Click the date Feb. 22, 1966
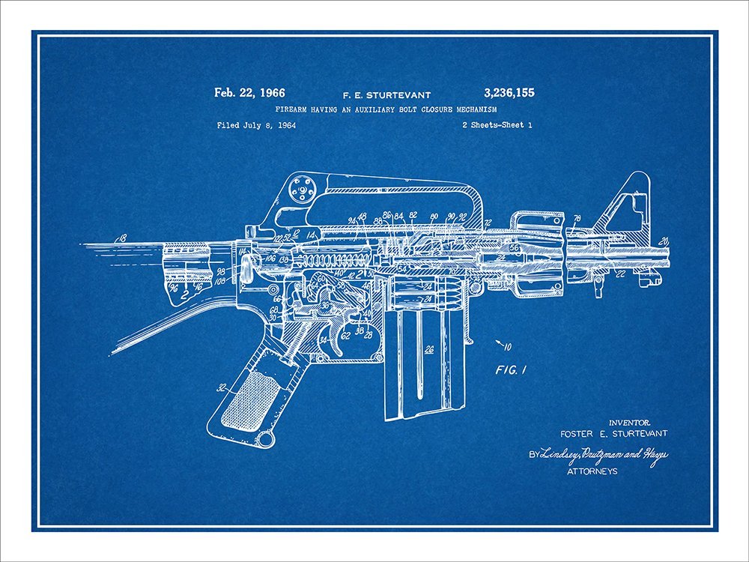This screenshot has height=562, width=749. coord(249,94)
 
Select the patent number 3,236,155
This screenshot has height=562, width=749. coord(509,94)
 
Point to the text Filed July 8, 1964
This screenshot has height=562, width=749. coord(256,125)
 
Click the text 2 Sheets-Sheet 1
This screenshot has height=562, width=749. coord(497,125)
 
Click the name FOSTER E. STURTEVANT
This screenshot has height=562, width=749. coord(613,433)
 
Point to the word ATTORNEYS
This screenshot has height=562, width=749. coord(592,471)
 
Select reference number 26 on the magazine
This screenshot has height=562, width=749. coord(428,348)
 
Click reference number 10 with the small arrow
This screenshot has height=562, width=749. coord(508,346)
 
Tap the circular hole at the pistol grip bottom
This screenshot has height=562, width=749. coord(263,438)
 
